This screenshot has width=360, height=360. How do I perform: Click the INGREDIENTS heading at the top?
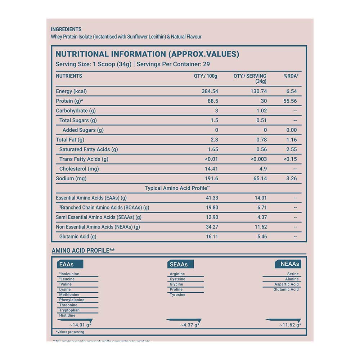click(x=66, y=30)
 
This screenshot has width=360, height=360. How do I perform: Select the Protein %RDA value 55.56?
click(x=290, y=101)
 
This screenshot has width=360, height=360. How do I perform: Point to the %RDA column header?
click(x=291, y=76)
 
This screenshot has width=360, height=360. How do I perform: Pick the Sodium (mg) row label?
click(x=71, y=179)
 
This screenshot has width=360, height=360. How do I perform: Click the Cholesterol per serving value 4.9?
click(x=263, y=169)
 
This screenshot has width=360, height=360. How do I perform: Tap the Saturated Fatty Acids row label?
click(x=89, y=149)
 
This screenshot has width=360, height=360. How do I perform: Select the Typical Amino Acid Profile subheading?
click(x=177, y=188)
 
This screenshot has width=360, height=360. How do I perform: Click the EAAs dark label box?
click(x=70, y=264)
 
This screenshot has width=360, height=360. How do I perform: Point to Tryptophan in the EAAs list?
click(x=69, y=310)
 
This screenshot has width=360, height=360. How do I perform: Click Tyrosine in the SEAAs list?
click(x=177, y=295)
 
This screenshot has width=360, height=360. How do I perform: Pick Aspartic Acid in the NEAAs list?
click(x=287, y=284)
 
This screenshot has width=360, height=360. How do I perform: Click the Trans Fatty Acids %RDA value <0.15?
click(x=290, y=159)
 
